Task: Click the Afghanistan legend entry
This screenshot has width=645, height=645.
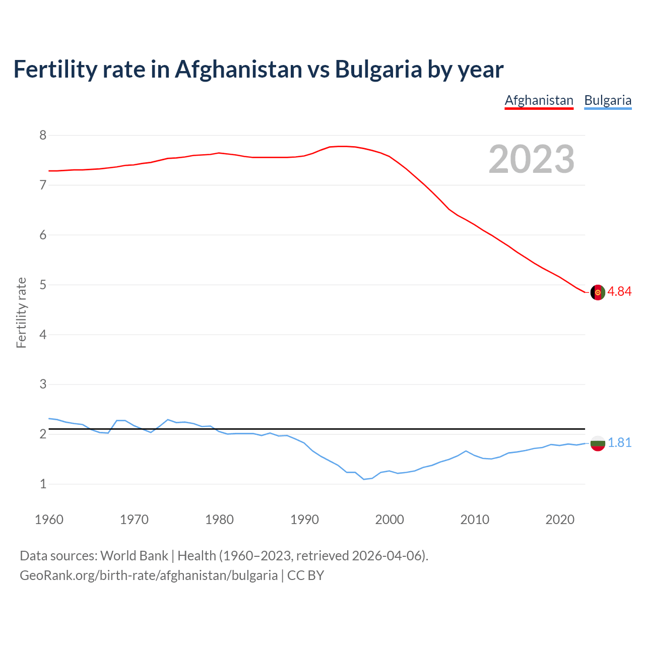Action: pos(539,100)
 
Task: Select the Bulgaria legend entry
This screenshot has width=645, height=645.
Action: pos(607,100)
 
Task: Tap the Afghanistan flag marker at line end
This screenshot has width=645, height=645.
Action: pos(598,292)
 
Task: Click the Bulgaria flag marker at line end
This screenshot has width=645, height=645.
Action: pos(598,443)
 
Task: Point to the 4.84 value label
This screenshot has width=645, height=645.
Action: pos(619,292)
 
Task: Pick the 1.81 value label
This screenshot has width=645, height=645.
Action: pos(619,442)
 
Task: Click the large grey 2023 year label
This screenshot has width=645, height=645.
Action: pos(531,159)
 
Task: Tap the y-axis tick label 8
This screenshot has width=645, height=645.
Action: pos(43,135)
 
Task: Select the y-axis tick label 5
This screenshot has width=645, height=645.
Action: pos(43,285)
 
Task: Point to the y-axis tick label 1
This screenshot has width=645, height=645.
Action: pos(43,484)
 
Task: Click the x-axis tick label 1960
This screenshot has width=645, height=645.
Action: pos(49,520)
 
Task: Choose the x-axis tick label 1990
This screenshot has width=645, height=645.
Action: pos(304,520)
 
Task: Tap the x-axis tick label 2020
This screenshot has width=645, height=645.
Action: pos(560,520)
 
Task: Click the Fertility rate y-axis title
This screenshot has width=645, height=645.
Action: pos(21,312)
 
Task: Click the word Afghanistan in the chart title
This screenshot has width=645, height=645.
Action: pos(238,69)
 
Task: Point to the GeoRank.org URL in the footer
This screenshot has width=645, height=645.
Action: pos(148,575)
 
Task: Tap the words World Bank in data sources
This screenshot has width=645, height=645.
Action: pos(134,555)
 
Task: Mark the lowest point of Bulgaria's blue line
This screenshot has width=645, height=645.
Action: pos(364,479)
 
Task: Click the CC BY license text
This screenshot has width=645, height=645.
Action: pos(305,575)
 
